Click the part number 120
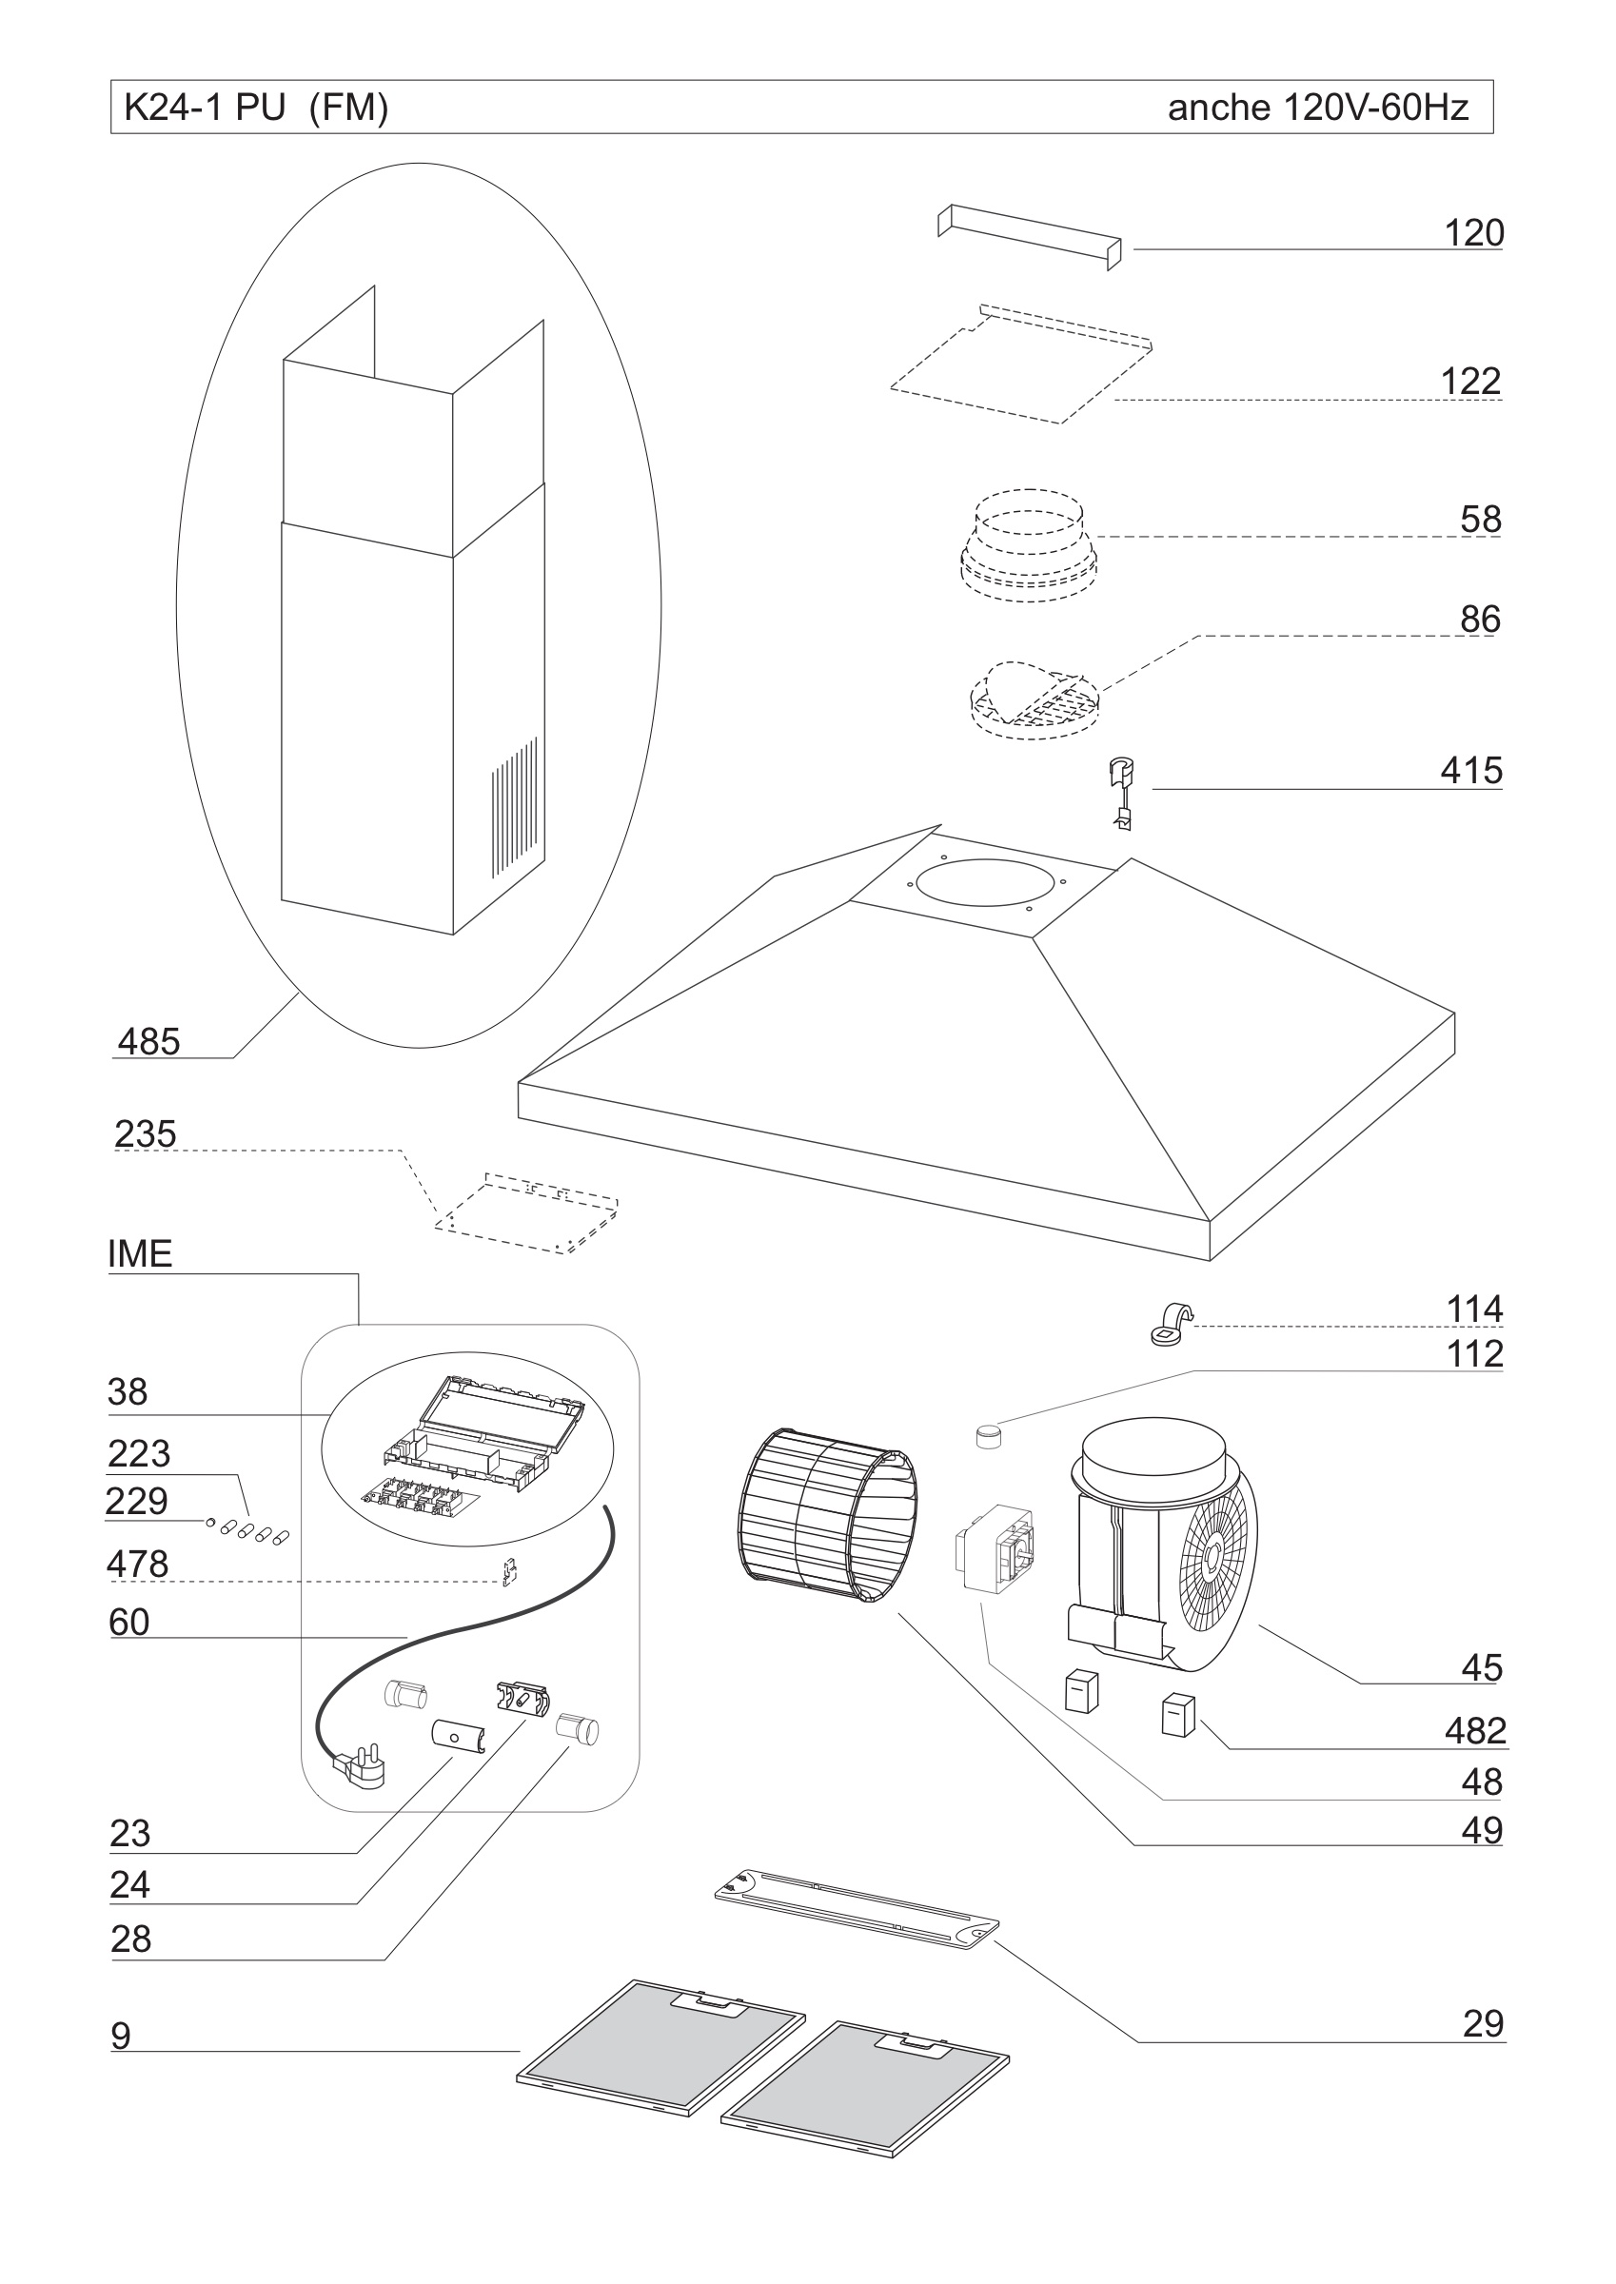(1472, 233)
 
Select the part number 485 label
(148, 1041)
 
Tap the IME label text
(139, 1254)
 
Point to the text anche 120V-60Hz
(1317, 107)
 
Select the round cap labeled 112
(987, 1435)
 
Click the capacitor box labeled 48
(993, 1551)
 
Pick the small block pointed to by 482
(1177, 1715)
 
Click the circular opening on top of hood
(985, 884)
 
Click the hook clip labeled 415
(1122, 792)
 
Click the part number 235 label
(146, 1133)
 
